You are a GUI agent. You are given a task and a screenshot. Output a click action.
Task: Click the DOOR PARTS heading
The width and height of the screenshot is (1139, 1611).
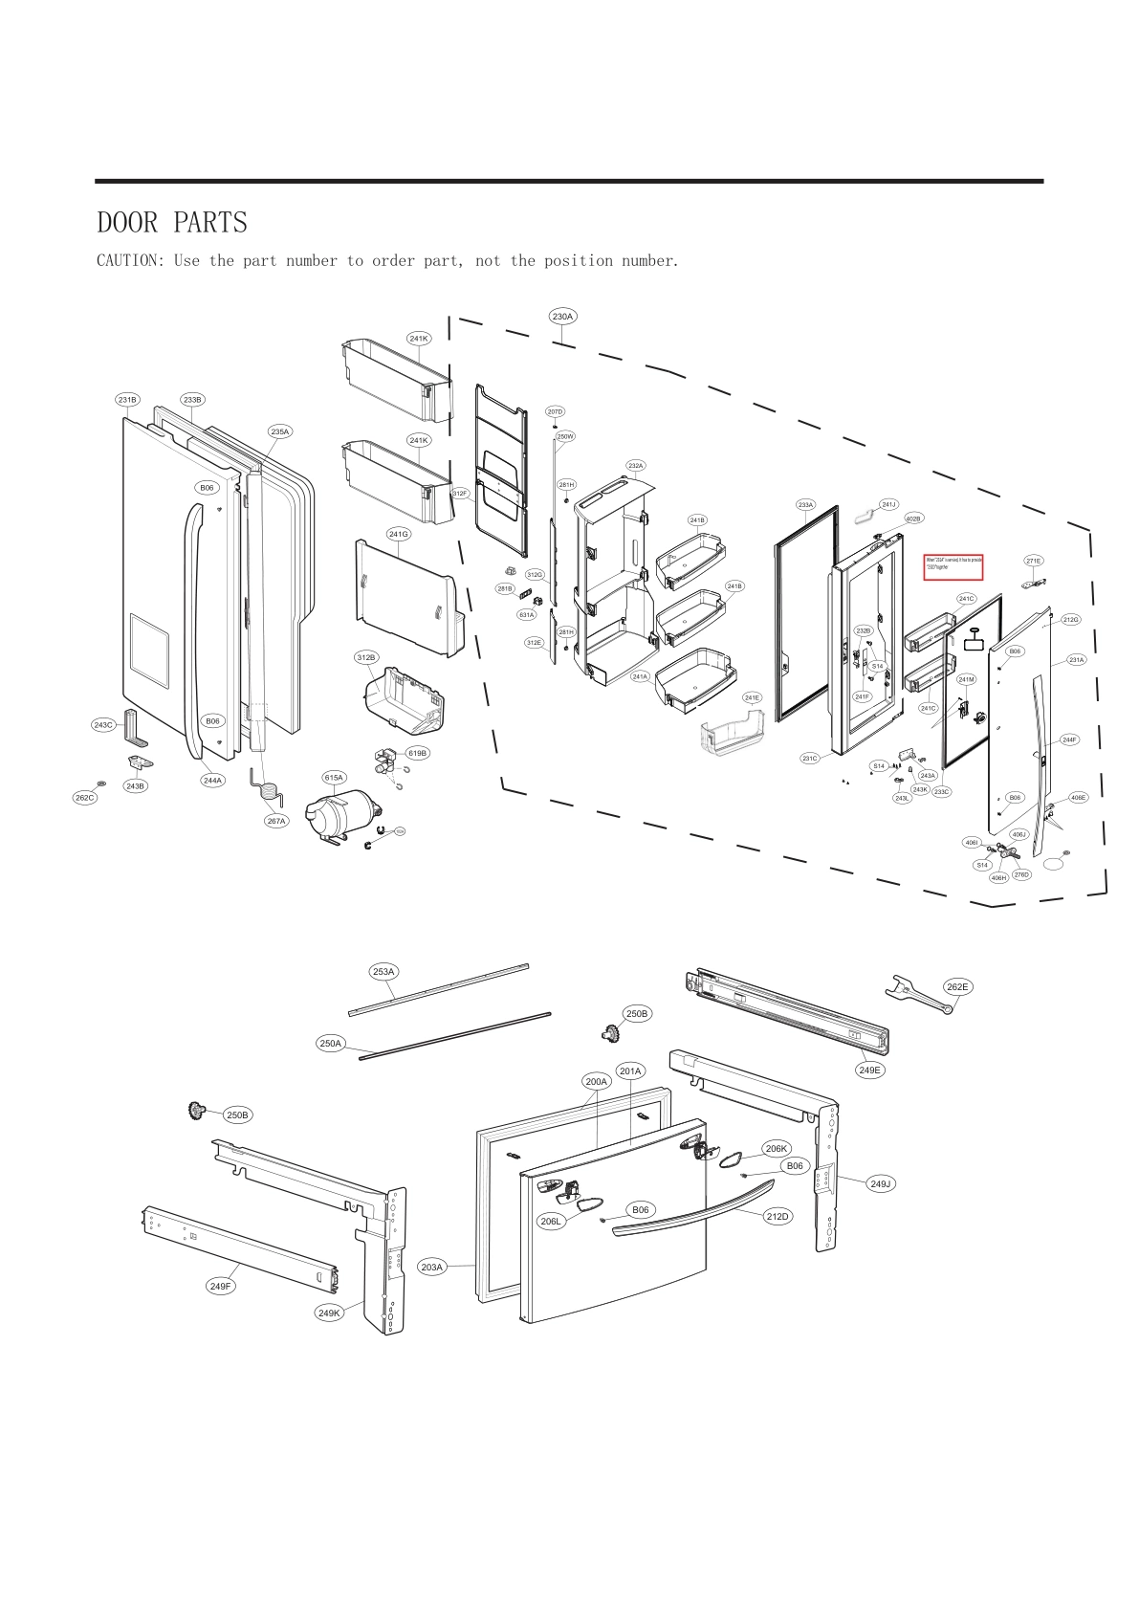[172, 223]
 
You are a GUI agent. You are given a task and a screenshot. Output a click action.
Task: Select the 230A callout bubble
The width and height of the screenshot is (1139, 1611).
[562, 316]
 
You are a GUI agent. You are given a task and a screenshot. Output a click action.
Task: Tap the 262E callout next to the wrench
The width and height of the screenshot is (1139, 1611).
[957, 986]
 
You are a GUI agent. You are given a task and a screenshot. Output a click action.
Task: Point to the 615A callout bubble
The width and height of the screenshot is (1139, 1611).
[334, 778]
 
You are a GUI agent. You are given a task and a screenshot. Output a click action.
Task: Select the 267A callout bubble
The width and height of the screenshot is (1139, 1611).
[276, 821]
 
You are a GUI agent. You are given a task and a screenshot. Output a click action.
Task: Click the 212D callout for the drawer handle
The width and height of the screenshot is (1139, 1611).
[778, 1216]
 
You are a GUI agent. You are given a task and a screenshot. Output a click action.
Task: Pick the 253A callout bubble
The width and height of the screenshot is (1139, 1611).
[383, 971]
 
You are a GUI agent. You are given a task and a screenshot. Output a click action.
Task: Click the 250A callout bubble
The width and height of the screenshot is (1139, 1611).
[331, 1043]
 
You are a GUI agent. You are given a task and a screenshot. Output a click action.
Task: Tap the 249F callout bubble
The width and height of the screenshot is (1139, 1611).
[221, 1286]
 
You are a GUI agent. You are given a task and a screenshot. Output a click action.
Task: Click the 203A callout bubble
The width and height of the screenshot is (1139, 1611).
[432, 1267]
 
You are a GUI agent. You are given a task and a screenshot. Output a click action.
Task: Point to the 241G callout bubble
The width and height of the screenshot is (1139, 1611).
[398, 534]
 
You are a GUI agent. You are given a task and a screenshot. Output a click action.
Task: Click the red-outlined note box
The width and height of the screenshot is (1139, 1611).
[953, 566]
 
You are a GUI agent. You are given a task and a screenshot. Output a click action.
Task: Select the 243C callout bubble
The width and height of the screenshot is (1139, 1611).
[103, 725]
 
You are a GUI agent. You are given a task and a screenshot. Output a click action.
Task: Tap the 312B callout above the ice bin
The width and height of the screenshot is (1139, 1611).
[366, 657]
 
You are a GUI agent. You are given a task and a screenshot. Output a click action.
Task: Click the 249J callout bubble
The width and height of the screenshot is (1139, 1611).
[881, 1183]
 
